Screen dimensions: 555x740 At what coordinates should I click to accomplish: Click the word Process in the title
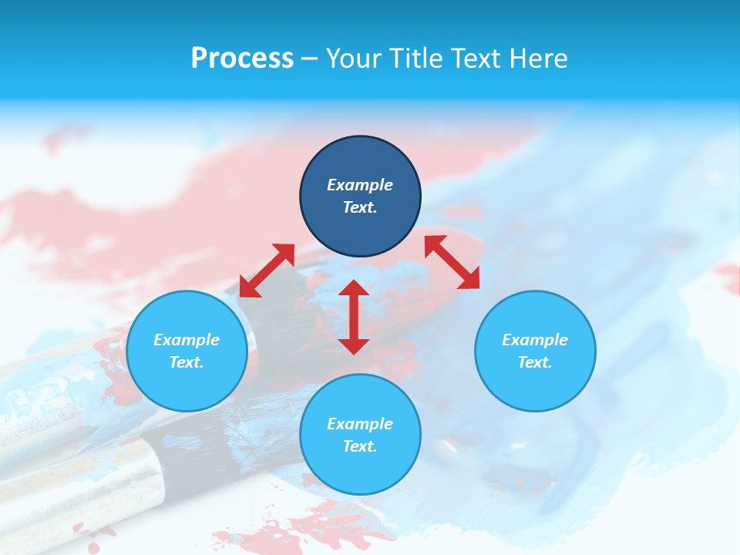click(242, 59)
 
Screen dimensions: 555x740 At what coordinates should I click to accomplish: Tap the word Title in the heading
click(419, 59)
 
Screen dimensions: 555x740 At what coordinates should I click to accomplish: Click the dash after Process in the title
click(309, 59)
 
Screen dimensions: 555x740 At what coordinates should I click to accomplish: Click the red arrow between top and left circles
click(267, 271)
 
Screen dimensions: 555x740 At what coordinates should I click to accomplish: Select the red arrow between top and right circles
click(452, 262)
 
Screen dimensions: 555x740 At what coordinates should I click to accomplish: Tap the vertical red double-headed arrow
click(354, 317)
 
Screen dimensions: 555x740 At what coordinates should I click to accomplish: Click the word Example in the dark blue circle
click(360, 185)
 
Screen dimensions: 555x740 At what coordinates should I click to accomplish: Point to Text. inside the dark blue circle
click(360, 207)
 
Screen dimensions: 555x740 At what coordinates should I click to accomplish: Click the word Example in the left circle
click(187, 340)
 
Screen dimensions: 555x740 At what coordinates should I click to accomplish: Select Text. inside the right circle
click(535, 362)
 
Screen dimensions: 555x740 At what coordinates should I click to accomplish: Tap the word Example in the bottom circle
click(360, 424)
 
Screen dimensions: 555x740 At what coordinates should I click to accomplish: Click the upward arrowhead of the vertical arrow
click(354, 288)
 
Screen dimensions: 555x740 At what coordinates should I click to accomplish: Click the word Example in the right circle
click(535, 340)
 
